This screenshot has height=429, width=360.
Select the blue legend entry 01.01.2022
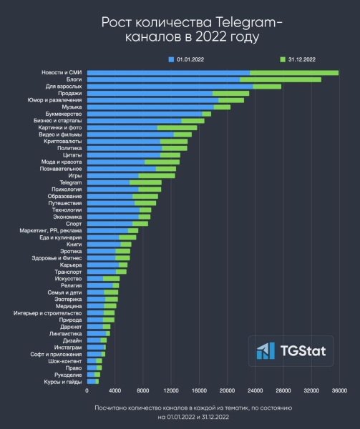click(x=188, y=59)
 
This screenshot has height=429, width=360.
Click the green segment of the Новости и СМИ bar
click(x=293, y=73)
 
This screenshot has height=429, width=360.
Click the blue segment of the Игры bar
click(x=112, y=175)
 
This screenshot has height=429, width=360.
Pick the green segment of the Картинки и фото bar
click(x=177, y=128)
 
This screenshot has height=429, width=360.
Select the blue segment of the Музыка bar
click(x=150, y=107)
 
